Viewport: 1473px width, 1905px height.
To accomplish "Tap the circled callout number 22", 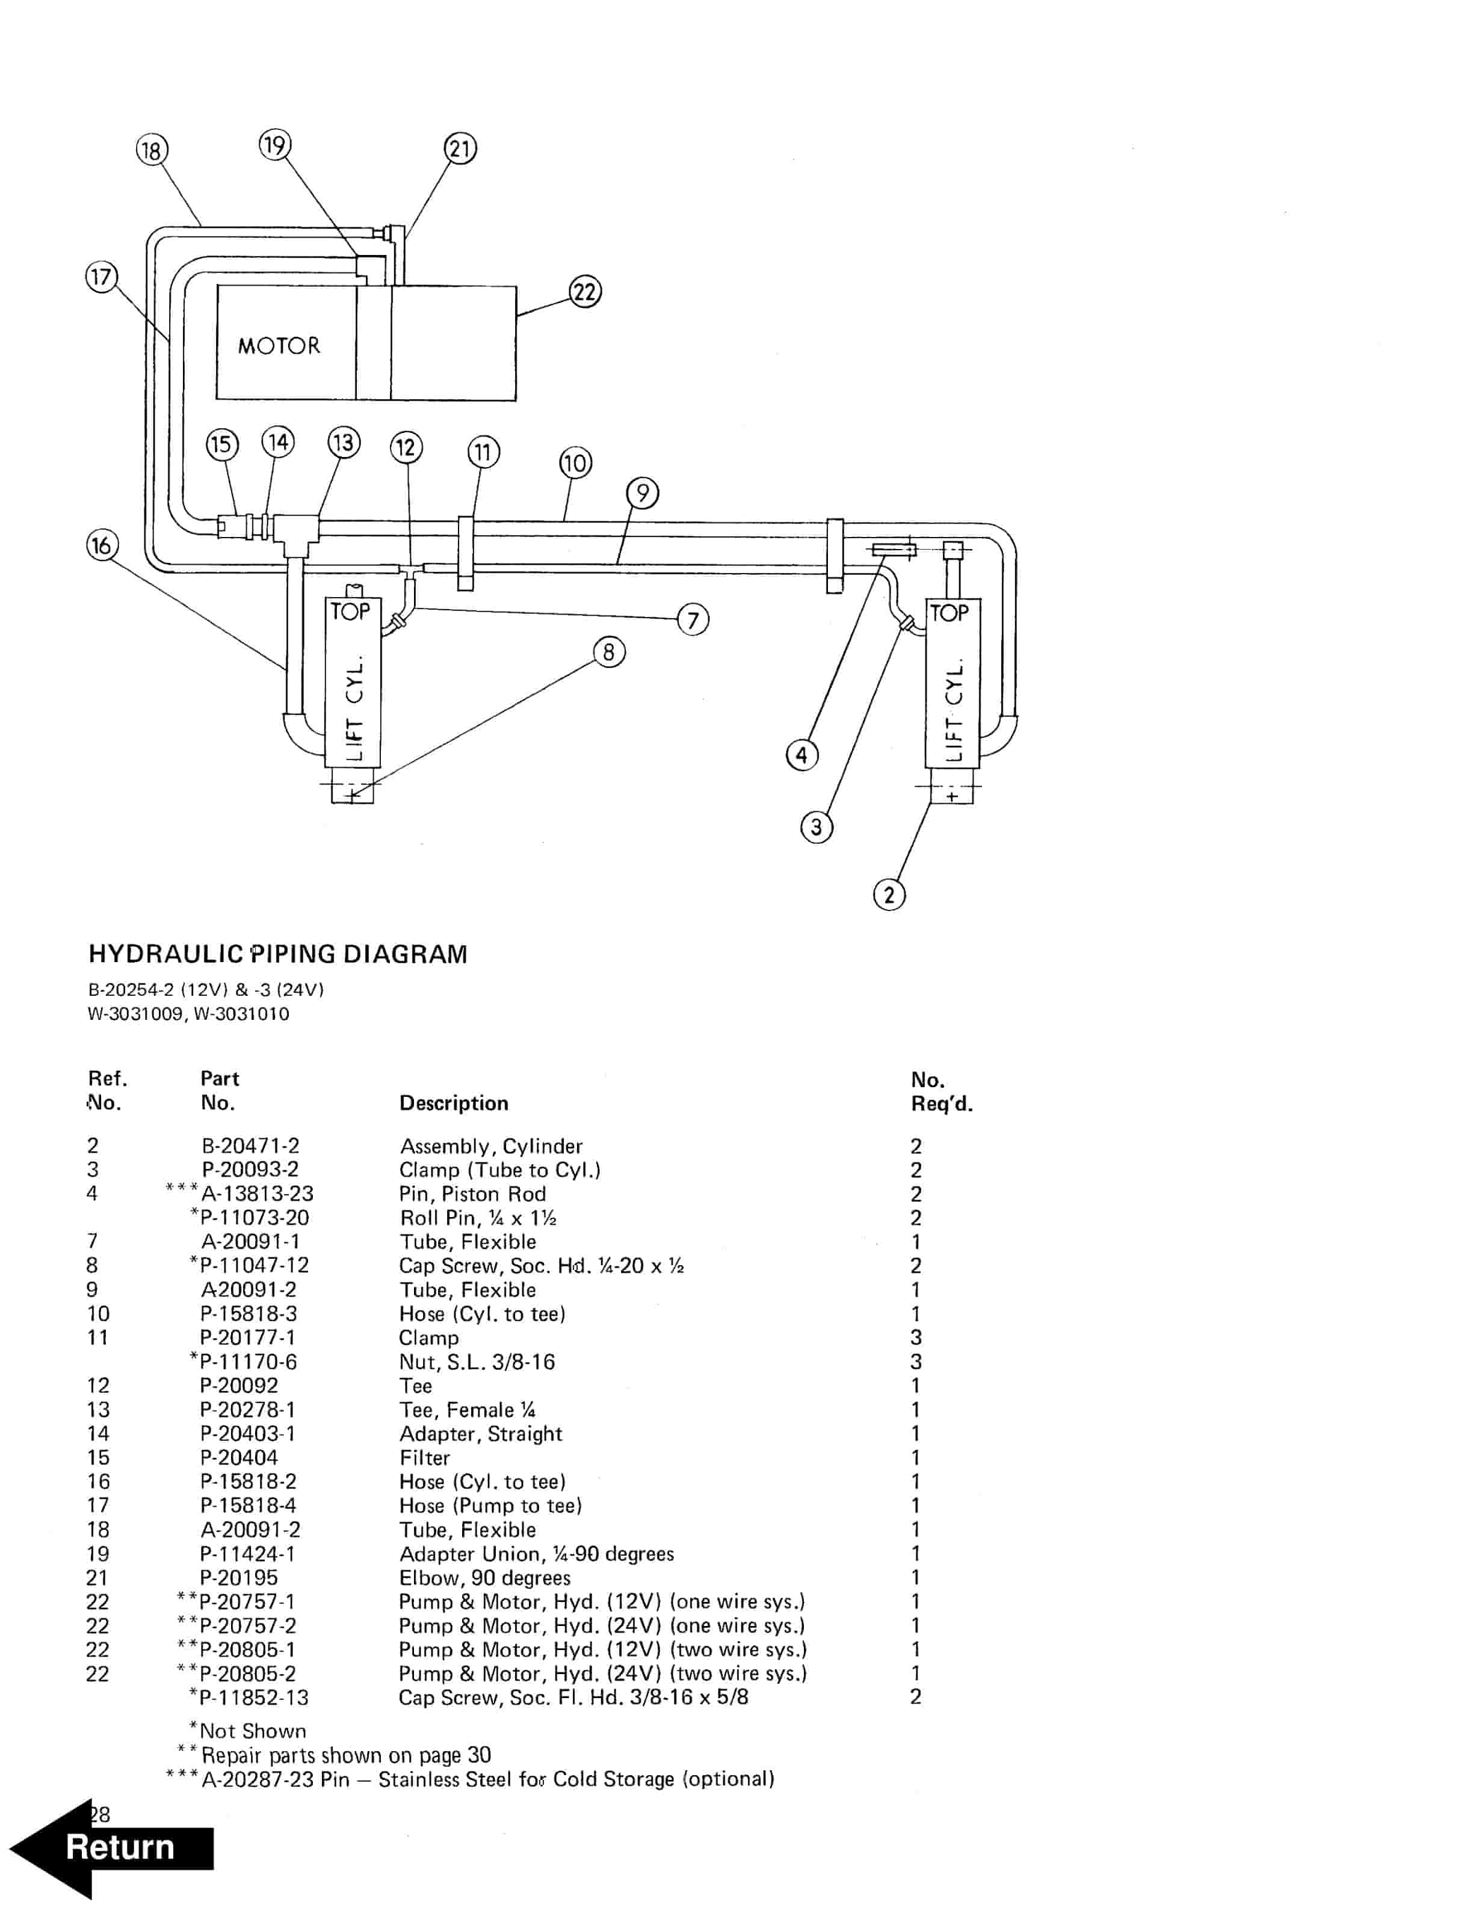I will tap(585, 291).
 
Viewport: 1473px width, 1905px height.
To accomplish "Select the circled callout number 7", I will tap(693, 620).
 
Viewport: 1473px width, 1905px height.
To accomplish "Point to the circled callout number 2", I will tap(889, 895).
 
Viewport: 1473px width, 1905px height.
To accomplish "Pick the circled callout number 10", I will tap(575, 463).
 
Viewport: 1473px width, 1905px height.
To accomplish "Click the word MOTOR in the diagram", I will tap(279, 346).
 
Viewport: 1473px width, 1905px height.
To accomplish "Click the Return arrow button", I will tap(114, 1847).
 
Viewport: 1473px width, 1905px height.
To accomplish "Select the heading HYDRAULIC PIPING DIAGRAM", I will tap(277, 954).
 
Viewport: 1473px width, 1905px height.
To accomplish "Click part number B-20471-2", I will tap(250, 1146).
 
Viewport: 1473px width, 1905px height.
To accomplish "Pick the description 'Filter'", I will tap(425, 1458).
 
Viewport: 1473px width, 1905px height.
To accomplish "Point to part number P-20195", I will tap(239, 1578).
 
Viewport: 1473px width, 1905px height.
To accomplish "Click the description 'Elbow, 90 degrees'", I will tap(484, 1578).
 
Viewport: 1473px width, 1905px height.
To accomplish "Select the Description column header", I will tap(454, 1103).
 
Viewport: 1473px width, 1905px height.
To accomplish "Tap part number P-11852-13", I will tap(254, 1698).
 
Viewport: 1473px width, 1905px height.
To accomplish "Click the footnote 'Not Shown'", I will tap(252, 1731).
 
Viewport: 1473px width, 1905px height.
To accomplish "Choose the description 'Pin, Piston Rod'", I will tap(472, 1194).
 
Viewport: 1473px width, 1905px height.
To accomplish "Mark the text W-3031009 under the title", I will tap(135, 1014).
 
